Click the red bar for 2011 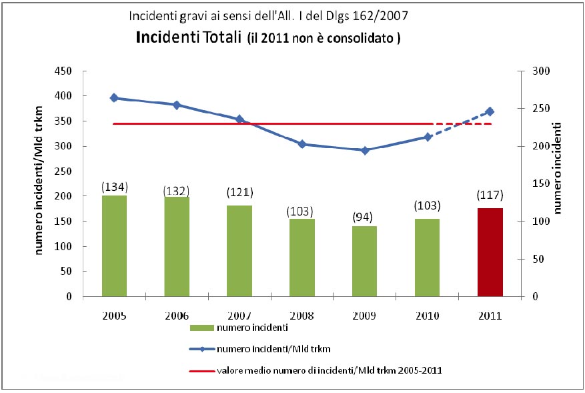coord(490,252)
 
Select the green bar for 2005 coord(114,246)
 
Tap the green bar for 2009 coord(364,261)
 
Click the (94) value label coord(364,217)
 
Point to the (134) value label coord(114,186)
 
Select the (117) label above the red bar coord(490,195)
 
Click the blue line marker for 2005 coord(114,98)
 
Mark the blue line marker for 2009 coord(364,150)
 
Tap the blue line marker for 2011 coord(490,111)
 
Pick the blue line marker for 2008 coord(302,144)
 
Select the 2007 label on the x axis coord(239,315)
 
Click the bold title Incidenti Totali coord(189,37)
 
